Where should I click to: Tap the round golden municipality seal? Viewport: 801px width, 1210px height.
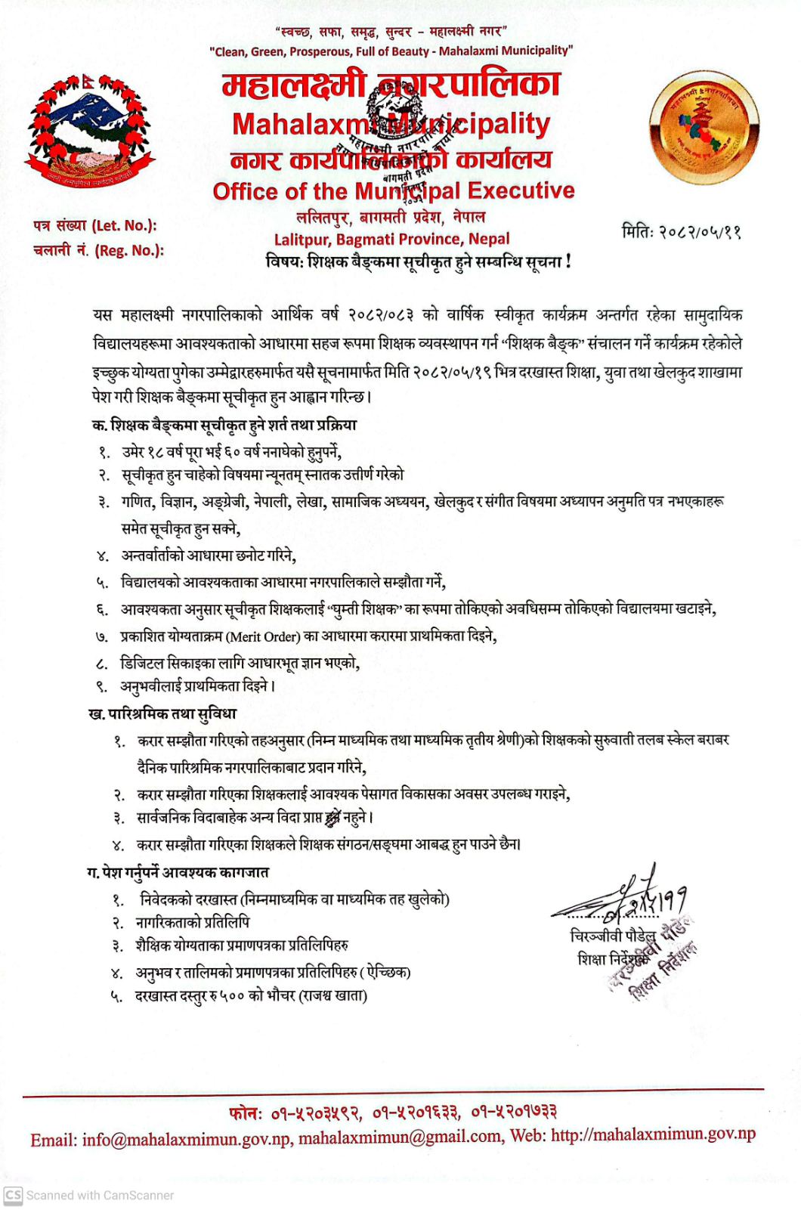click(x=704, y=127)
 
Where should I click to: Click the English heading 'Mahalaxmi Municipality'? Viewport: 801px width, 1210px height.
click(x=391, y=125)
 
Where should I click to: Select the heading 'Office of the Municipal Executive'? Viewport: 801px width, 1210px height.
click(x=393, y=190)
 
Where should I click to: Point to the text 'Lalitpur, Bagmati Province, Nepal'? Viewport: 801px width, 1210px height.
click(x=391, y=240)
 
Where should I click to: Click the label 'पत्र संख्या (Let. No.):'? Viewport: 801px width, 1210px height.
click(x=95, y=225)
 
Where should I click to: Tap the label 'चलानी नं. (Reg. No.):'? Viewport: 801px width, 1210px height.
click(x=98, y=250)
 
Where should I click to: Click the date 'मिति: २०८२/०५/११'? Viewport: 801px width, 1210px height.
click(x=681, y=231)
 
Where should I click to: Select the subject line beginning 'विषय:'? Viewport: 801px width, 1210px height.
click(x=418, y=262)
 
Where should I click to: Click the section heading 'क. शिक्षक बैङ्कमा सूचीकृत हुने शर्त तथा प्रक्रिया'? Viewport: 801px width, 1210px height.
click(x=224, y=425)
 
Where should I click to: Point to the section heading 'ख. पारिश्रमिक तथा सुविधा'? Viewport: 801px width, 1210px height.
click(x=162, y=713)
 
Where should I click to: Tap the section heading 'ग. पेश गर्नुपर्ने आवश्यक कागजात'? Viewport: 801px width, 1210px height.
click(x=178, y=872)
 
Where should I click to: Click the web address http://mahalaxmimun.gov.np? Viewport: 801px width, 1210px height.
click(x=653, y=1134)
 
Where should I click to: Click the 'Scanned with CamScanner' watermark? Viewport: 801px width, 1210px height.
click(x=89, y=1195)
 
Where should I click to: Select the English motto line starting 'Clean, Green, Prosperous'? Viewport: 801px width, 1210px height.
click(x=391, y=51)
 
